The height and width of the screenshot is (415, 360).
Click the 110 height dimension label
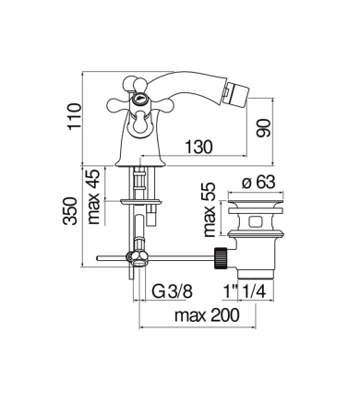[75, 116]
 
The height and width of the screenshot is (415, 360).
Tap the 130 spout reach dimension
[198, 147]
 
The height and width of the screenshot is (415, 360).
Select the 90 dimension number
[263, 128]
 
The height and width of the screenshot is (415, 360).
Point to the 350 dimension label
[70, 211]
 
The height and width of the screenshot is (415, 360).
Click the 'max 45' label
[94, 196]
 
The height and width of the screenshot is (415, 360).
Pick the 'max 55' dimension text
[210, 209]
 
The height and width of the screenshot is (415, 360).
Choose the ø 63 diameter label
[258, 183]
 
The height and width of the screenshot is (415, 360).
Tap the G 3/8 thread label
[173, 291]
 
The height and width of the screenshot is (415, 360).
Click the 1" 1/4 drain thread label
[245, 291]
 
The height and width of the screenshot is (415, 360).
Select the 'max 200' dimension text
[207, 315]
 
